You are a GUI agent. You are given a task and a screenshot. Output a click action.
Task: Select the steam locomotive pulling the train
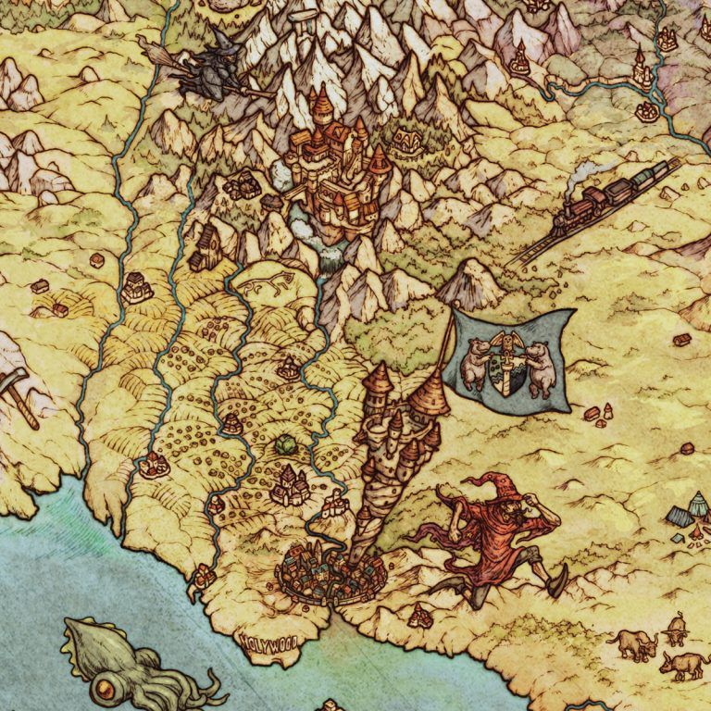[x=580, y=205]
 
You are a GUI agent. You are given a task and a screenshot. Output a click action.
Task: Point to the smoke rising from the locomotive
[x=585, y=170]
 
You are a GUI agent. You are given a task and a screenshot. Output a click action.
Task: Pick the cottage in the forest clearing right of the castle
[x=405, y=142]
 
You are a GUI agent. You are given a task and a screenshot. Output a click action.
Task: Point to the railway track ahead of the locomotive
[x=537, y=243]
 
